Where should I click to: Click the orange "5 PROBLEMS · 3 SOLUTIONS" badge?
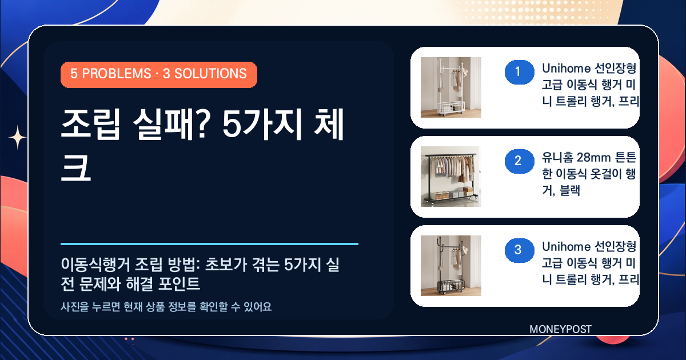click(x=159, y=75)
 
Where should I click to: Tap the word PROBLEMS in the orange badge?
click(x=117, y=74)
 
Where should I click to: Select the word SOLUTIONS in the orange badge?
click(x=210, y=74)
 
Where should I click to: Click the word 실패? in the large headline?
click(x=172, y=125)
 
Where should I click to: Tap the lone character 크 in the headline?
click(x=76, y=167)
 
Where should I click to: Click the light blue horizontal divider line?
click(x=209, y=244)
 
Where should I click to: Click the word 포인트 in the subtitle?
click(x=179, y=284)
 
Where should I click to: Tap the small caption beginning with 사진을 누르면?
click(x=166, y=306)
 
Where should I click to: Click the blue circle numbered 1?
click(x=520, y=72)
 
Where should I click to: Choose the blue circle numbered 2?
click(x=520, y=161)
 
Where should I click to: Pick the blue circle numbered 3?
click(x=520, y=250)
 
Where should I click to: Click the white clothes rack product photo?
click(x=451, y=87)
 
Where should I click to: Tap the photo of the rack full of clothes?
click(x=451, y=177)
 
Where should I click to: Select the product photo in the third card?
click(x=451, y=265)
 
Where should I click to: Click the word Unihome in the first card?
click(x=567, y=69)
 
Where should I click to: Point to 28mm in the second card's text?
click(x=594, y=158)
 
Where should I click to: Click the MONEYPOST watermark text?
click(x=560, y=329)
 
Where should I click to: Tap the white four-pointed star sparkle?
click(x=18, y=138)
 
